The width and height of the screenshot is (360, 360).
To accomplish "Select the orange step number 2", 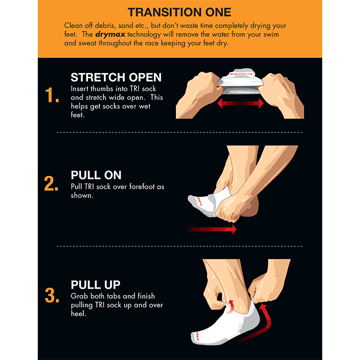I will [51, 184].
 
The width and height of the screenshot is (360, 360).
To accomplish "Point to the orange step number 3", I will [52, 295].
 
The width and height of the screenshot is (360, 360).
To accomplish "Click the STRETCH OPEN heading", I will [116, 78].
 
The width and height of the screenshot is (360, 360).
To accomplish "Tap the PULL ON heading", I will [96, 175].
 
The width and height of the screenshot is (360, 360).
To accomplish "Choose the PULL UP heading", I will [95, 285].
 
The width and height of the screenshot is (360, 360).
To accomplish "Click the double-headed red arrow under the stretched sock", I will [241, 104].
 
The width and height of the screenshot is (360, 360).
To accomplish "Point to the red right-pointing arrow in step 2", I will [212, 229].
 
